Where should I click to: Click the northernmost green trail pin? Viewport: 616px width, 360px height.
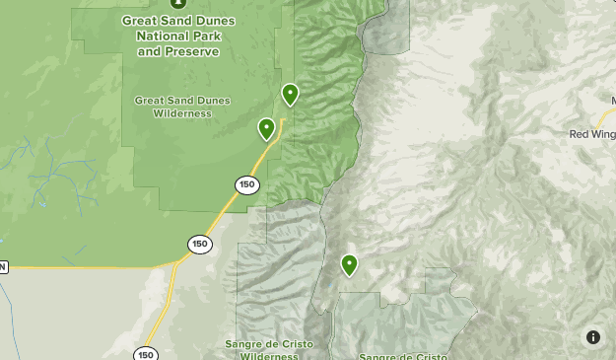(290, 94)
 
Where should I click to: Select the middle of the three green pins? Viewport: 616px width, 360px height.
(266, 128)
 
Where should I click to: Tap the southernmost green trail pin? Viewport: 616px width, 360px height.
(349, 264)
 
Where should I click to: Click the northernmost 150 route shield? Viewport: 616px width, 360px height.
(246, 184)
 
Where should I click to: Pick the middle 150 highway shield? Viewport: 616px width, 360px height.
(200, 244)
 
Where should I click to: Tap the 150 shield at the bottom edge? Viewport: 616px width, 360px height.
(146, 354)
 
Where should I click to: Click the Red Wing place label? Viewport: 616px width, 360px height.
(592, 133)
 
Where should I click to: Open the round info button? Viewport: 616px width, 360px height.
(593, 337)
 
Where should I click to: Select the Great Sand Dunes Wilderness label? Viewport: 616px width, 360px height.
(182, 106)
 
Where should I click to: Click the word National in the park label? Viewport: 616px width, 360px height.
(159, 36)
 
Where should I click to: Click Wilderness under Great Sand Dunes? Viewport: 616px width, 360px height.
(182, 113)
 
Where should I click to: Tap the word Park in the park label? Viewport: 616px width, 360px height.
(207, 36)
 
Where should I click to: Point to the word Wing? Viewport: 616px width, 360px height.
(603, 133)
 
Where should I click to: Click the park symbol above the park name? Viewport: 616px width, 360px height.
(178, 3)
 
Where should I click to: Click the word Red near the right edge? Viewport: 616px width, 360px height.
(580, 133)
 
